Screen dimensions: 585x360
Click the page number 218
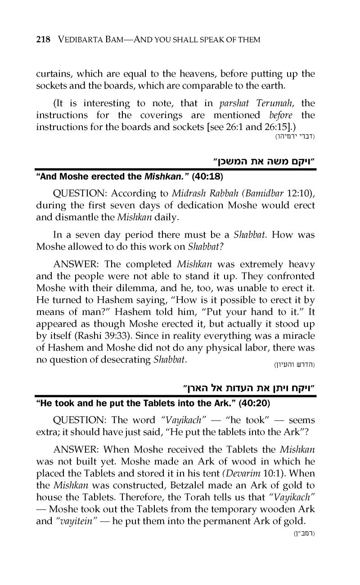click(43, 40)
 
